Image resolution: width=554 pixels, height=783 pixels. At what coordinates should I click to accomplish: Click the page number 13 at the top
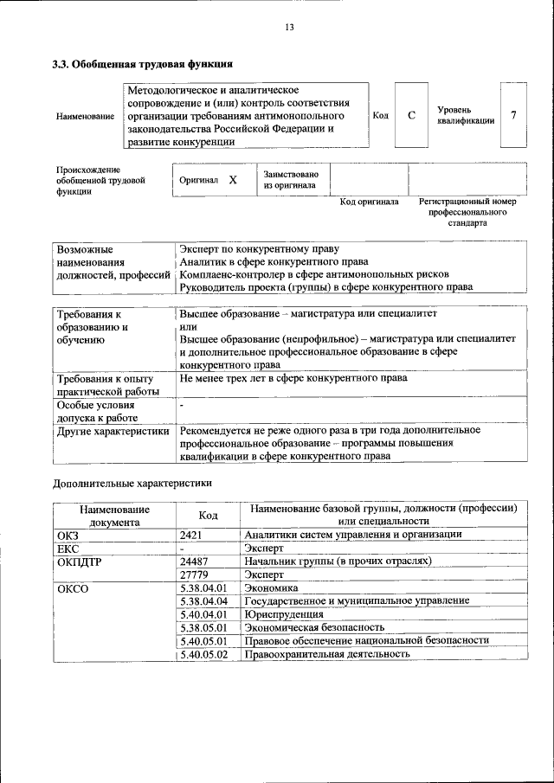click(x=289, y=28)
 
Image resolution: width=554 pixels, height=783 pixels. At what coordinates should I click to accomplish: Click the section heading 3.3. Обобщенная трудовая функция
click(x=143, y=64)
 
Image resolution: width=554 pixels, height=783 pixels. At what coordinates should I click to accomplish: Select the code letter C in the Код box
click(x=411, y=115)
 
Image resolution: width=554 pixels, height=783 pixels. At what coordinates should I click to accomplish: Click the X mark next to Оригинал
click(x=233, y=181)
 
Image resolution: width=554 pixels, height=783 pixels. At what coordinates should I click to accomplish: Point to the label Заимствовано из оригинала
click(x=290, y=180)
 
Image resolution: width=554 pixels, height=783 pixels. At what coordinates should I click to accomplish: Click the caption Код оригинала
click(x=369, y=202)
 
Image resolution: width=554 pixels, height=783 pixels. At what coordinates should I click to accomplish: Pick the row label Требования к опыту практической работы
click(x=104, y=385)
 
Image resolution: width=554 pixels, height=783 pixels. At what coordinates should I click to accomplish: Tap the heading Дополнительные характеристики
click(x=132, y=482)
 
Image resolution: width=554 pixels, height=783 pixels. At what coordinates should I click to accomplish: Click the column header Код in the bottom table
click(x=208, y=516)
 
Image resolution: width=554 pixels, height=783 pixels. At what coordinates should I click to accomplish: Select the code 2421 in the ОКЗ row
click(x=192, y=535)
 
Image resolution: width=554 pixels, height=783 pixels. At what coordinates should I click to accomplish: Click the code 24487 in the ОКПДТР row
click(x=195, y=561)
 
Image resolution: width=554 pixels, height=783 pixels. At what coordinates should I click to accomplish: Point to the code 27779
click(x=195, y=574)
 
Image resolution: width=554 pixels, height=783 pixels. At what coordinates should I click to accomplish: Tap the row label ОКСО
click(x=73, y=588)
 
